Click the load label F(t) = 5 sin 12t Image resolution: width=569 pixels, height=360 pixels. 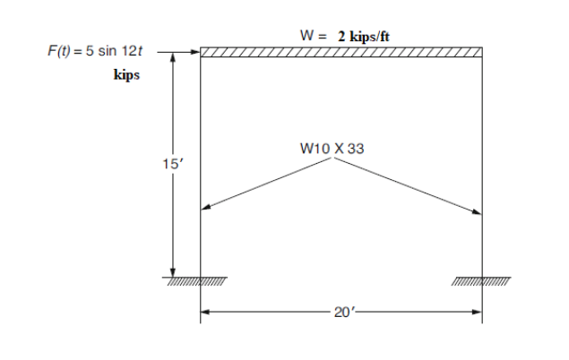point(90,53)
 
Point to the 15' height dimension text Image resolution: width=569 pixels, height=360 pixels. point(160,164)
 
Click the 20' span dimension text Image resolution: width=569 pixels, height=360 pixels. point(340,313)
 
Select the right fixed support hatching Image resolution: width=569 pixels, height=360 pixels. point(481,281)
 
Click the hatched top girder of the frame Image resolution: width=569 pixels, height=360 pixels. point(341,52)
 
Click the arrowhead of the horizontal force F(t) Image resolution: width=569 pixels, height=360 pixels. point(194,52)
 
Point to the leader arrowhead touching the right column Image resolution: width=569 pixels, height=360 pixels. point(478,212)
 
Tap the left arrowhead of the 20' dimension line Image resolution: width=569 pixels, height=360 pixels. point(204,313)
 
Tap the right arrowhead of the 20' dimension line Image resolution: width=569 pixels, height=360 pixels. point(478,313)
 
